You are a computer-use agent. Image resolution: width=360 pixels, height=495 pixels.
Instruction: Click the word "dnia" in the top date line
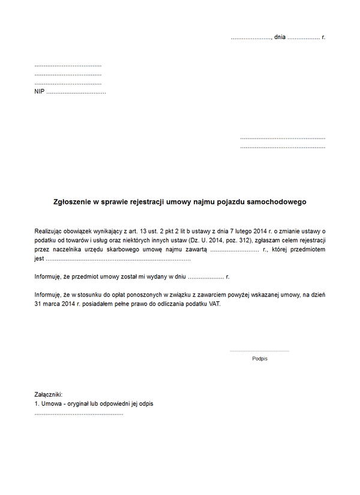click(280, 37)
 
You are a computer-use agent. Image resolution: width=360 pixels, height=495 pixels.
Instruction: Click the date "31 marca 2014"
click(55, 304)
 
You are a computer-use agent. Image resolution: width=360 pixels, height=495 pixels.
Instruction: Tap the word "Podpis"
click(260, 358)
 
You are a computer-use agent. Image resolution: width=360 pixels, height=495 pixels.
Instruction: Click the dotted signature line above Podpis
click(259, 350)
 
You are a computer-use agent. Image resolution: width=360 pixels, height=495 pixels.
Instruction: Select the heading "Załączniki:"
click(49, 394)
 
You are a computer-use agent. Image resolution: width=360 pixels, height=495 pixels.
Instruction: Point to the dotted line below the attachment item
click(79, 413)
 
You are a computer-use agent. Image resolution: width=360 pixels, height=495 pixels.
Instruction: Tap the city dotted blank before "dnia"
click(251, 38)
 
